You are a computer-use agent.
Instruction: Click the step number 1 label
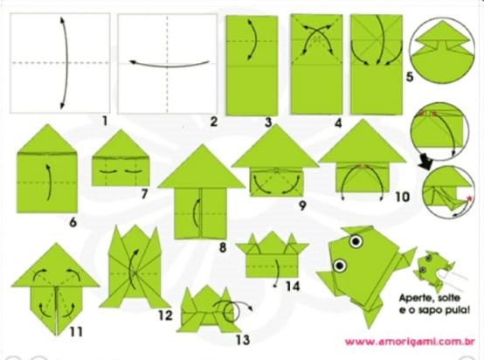click(105, 121)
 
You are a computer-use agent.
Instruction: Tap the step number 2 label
click(213, 121)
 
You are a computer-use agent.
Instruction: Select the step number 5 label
click(409, 77)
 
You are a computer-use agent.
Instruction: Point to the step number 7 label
click(144, 194)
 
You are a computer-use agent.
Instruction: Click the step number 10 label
click(402, 197)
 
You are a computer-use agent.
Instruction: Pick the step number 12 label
click(165, 315)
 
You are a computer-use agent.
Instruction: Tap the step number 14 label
click(293, 287)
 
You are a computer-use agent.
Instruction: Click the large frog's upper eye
click(356, 241)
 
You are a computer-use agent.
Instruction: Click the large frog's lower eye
click(340, 265)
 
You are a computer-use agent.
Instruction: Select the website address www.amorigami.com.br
click(410, 342)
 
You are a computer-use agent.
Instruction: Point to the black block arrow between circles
click(426, 164)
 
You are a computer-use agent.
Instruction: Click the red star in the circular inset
click(469, 198)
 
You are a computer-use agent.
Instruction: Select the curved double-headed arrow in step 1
click(66, 63)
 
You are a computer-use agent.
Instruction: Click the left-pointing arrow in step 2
click(169, 66)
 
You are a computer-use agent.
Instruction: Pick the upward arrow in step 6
click(50, 183)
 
